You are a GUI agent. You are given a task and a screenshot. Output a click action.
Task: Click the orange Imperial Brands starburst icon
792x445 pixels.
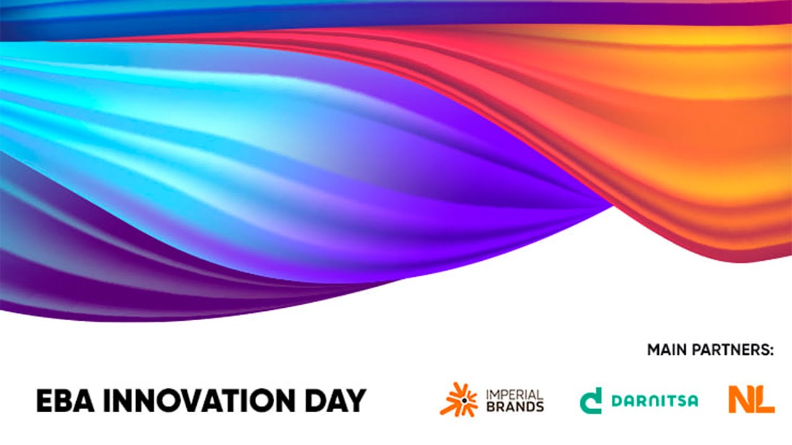(x=458, y=400)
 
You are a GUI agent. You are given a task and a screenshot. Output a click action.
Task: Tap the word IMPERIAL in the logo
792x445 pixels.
(x=515, y=394)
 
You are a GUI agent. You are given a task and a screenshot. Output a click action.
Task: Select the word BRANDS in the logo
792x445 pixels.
(x=515, y=406)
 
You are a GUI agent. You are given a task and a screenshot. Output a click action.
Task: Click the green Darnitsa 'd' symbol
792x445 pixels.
(x=591, y=400)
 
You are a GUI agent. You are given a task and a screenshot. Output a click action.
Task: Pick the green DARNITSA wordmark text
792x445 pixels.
(x=655, y=400)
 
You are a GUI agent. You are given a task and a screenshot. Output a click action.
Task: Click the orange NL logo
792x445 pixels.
(x=751, y=399)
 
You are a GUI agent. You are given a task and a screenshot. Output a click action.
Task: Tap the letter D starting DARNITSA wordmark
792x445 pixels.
(x=616, y=400)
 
